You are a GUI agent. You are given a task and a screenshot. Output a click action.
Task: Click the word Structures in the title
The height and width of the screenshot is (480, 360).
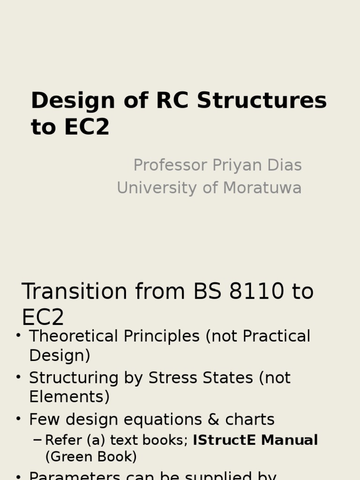coord(262,101)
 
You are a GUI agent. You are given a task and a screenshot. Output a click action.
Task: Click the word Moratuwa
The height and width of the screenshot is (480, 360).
coord(262,188)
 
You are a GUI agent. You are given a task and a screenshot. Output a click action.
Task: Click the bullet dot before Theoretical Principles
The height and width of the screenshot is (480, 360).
coord(18,336)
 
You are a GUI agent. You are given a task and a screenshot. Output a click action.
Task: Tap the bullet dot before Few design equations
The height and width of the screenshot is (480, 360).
coord(18,419)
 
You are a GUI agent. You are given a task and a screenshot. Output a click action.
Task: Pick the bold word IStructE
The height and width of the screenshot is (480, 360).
coord(225,441)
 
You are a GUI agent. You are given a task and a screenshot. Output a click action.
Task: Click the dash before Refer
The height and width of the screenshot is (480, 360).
coord(37,440)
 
